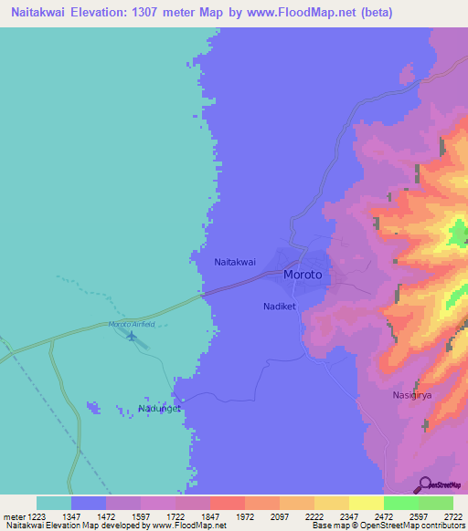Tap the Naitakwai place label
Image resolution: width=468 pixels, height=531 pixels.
point(234,262)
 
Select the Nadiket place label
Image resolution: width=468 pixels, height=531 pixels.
point(280,307)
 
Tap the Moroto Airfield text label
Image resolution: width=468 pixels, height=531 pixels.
point(133,325)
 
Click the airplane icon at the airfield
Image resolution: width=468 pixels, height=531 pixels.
point(133,337)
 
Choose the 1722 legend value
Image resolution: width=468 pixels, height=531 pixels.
point(175,517)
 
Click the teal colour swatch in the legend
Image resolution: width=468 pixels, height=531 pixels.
point(54,503)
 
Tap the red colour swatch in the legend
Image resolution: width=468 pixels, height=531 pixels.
point(227,503)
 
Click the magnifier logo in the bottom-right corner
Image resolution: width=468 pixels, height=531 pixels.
point(423,484)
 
